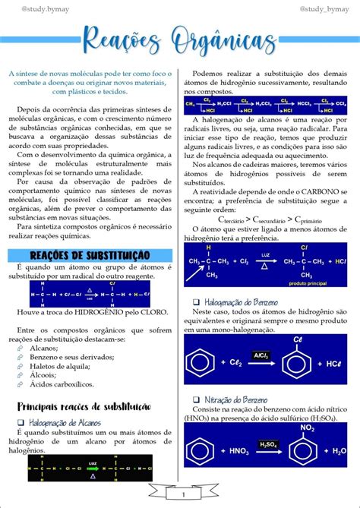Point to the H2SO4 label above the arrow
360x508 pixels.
268,443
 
